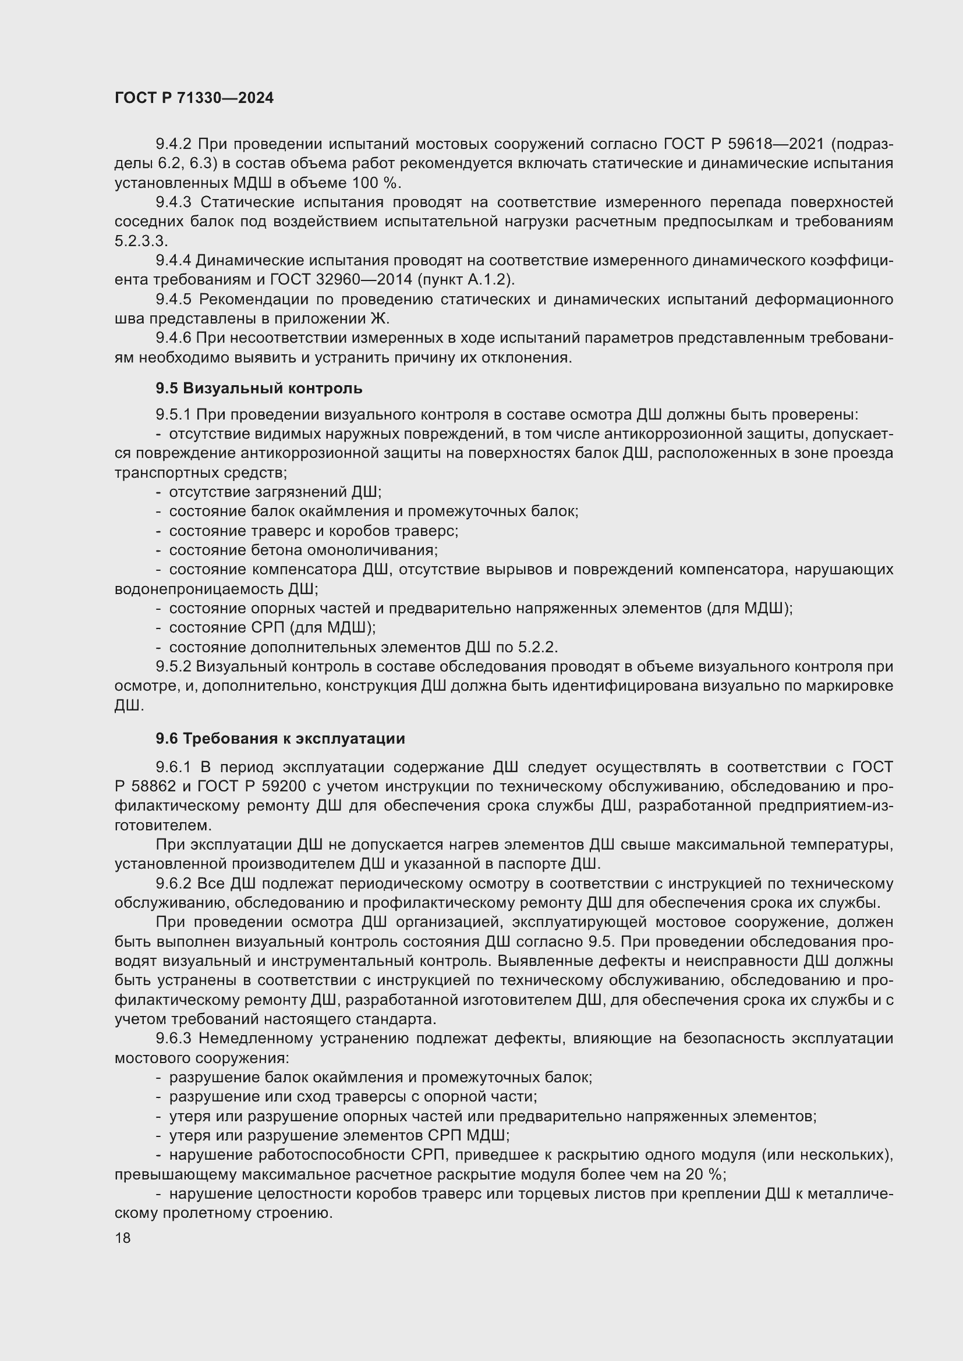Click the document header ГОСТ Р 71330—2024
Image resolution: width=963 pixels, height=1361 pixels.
pos(194,98)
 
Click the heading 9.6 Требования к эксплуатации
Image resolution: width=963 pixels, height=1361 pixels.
pos(281,738)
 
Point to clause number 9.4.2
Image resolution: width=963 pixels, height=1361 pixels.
pos(173,144)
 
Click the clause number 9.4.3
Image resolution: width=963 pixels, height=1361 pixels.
pos(173,202)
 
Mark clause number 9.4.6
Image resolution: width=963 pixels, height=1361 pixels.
pos(173,338)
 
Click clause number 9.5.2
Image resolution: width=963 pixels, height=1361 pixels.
pos(173,666)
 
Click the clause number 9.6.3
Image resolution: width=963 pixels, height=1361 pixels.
pos(173,1039)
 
